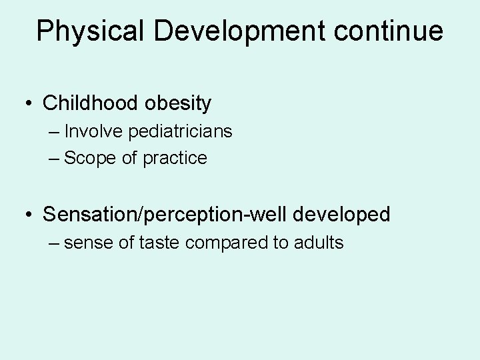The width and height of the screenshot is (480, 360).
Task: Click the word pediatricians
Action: click(x=181, y=131)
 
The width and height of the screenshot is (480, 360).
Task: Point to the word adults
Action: click(x=317, y=243)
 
